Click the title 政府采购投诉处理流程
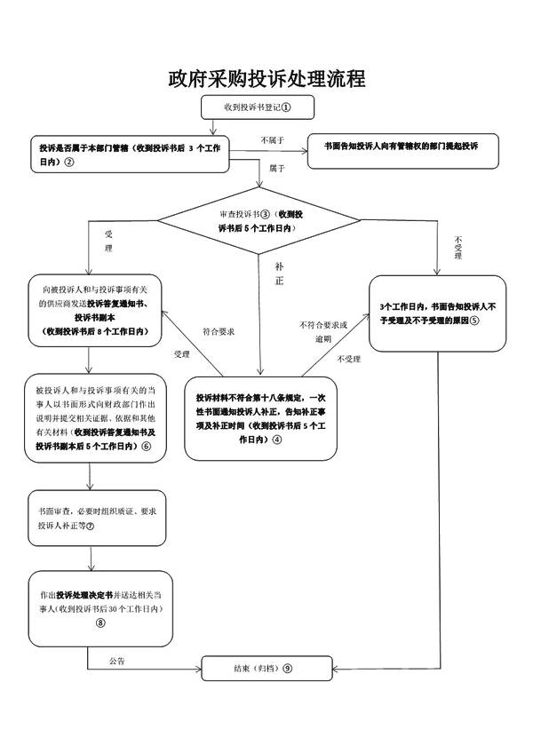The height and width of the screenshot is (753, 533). (x=266, y=79)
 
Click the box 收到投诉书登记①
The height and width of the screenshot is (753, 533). (x=258, y=107)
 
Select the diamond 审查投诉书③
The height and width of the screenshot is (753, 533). (x=261, y=220)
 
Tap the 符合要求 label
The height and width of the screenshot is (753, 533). (x=218, y=331)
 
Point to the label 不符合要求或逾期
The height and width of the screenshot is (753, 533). (x=323, y=331)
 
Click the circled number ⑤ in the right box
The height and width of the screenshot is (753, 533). (x=475, y=320)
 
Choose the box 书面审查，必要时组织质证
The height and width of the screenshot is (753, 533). (x=96, y=519)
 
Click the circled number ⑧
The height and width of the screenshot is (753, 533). (x=99, y=622)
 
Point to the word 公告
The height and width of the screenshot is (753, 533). (x=117, y=662)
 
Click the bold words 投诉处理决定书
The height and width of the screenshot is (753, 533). (x=84, y=593)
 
